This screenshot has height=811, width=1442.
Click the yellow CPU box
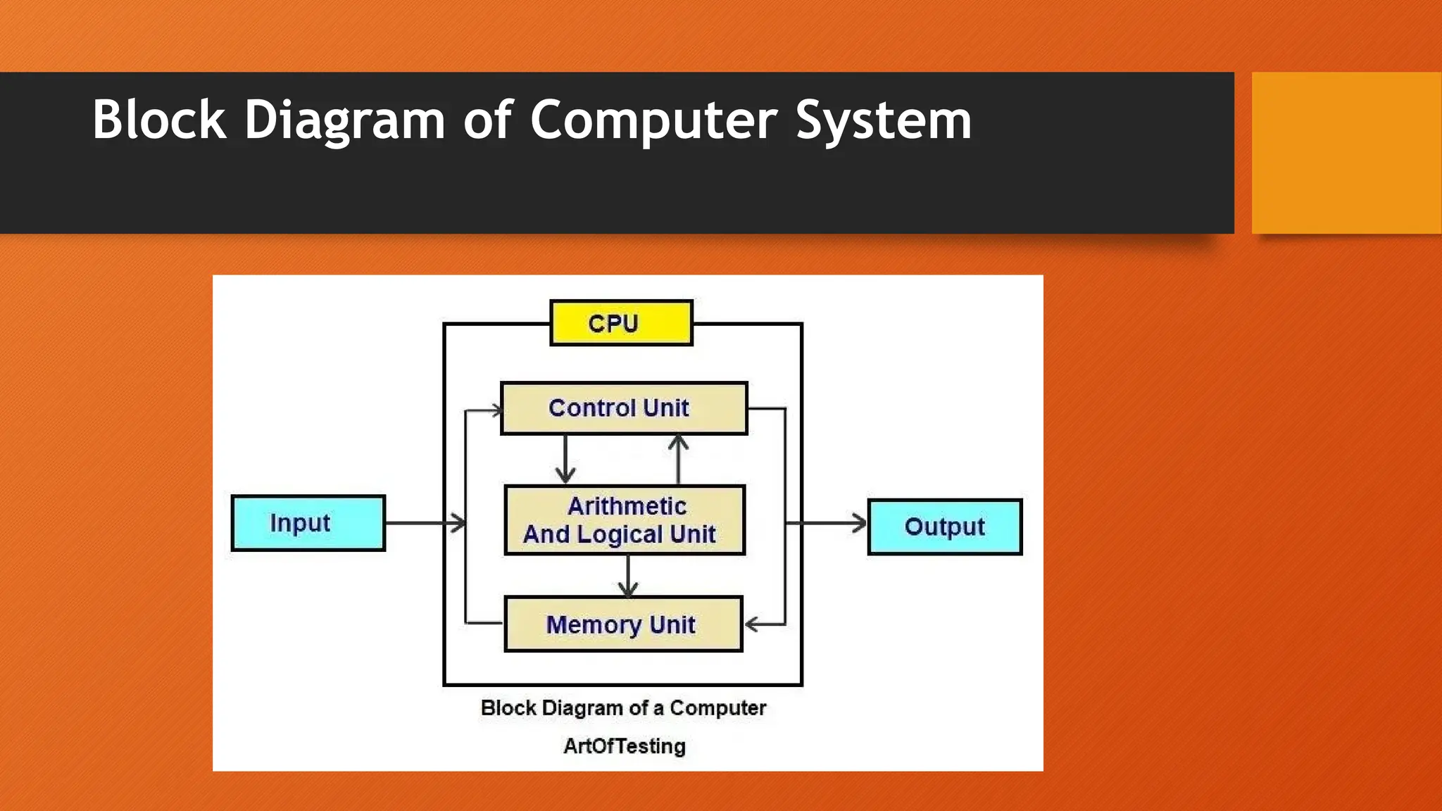pos(621,323)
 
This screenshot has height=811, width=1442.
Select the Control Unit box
pos(623,408)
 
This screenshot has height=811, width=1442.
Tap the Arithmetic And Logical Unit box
pos(625,520)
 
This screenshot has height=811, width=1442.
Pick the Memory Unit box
pos(623,624)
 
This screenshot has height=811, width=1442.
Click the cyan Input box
pos(308,523)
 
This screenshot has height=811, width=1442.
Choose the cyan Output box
pos(944,527)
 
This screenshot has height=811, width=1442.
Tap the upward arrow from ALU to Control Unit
pos(678,458)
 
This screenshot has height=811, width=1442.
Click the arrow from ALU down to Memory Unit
pos(628,576)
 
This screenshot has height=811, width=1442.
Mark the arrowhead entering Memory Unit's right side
pos(753,624)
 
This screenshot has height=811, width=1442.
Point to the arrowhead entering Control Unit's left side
pos(496,410)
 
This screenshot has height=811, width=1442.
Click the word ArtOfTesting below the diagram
pos(624,746)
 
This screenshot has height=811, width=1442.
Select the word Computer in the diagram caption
pos(717,708)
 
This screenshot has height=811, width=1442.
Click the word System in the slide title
pos(884,120)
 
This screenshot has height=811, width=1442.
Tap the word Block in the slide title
pos(159,120)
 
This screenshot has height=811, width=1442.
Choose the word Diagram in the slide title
pos(344,120)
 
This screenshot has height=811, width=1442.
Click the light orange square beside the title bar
pos(1346,153)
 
